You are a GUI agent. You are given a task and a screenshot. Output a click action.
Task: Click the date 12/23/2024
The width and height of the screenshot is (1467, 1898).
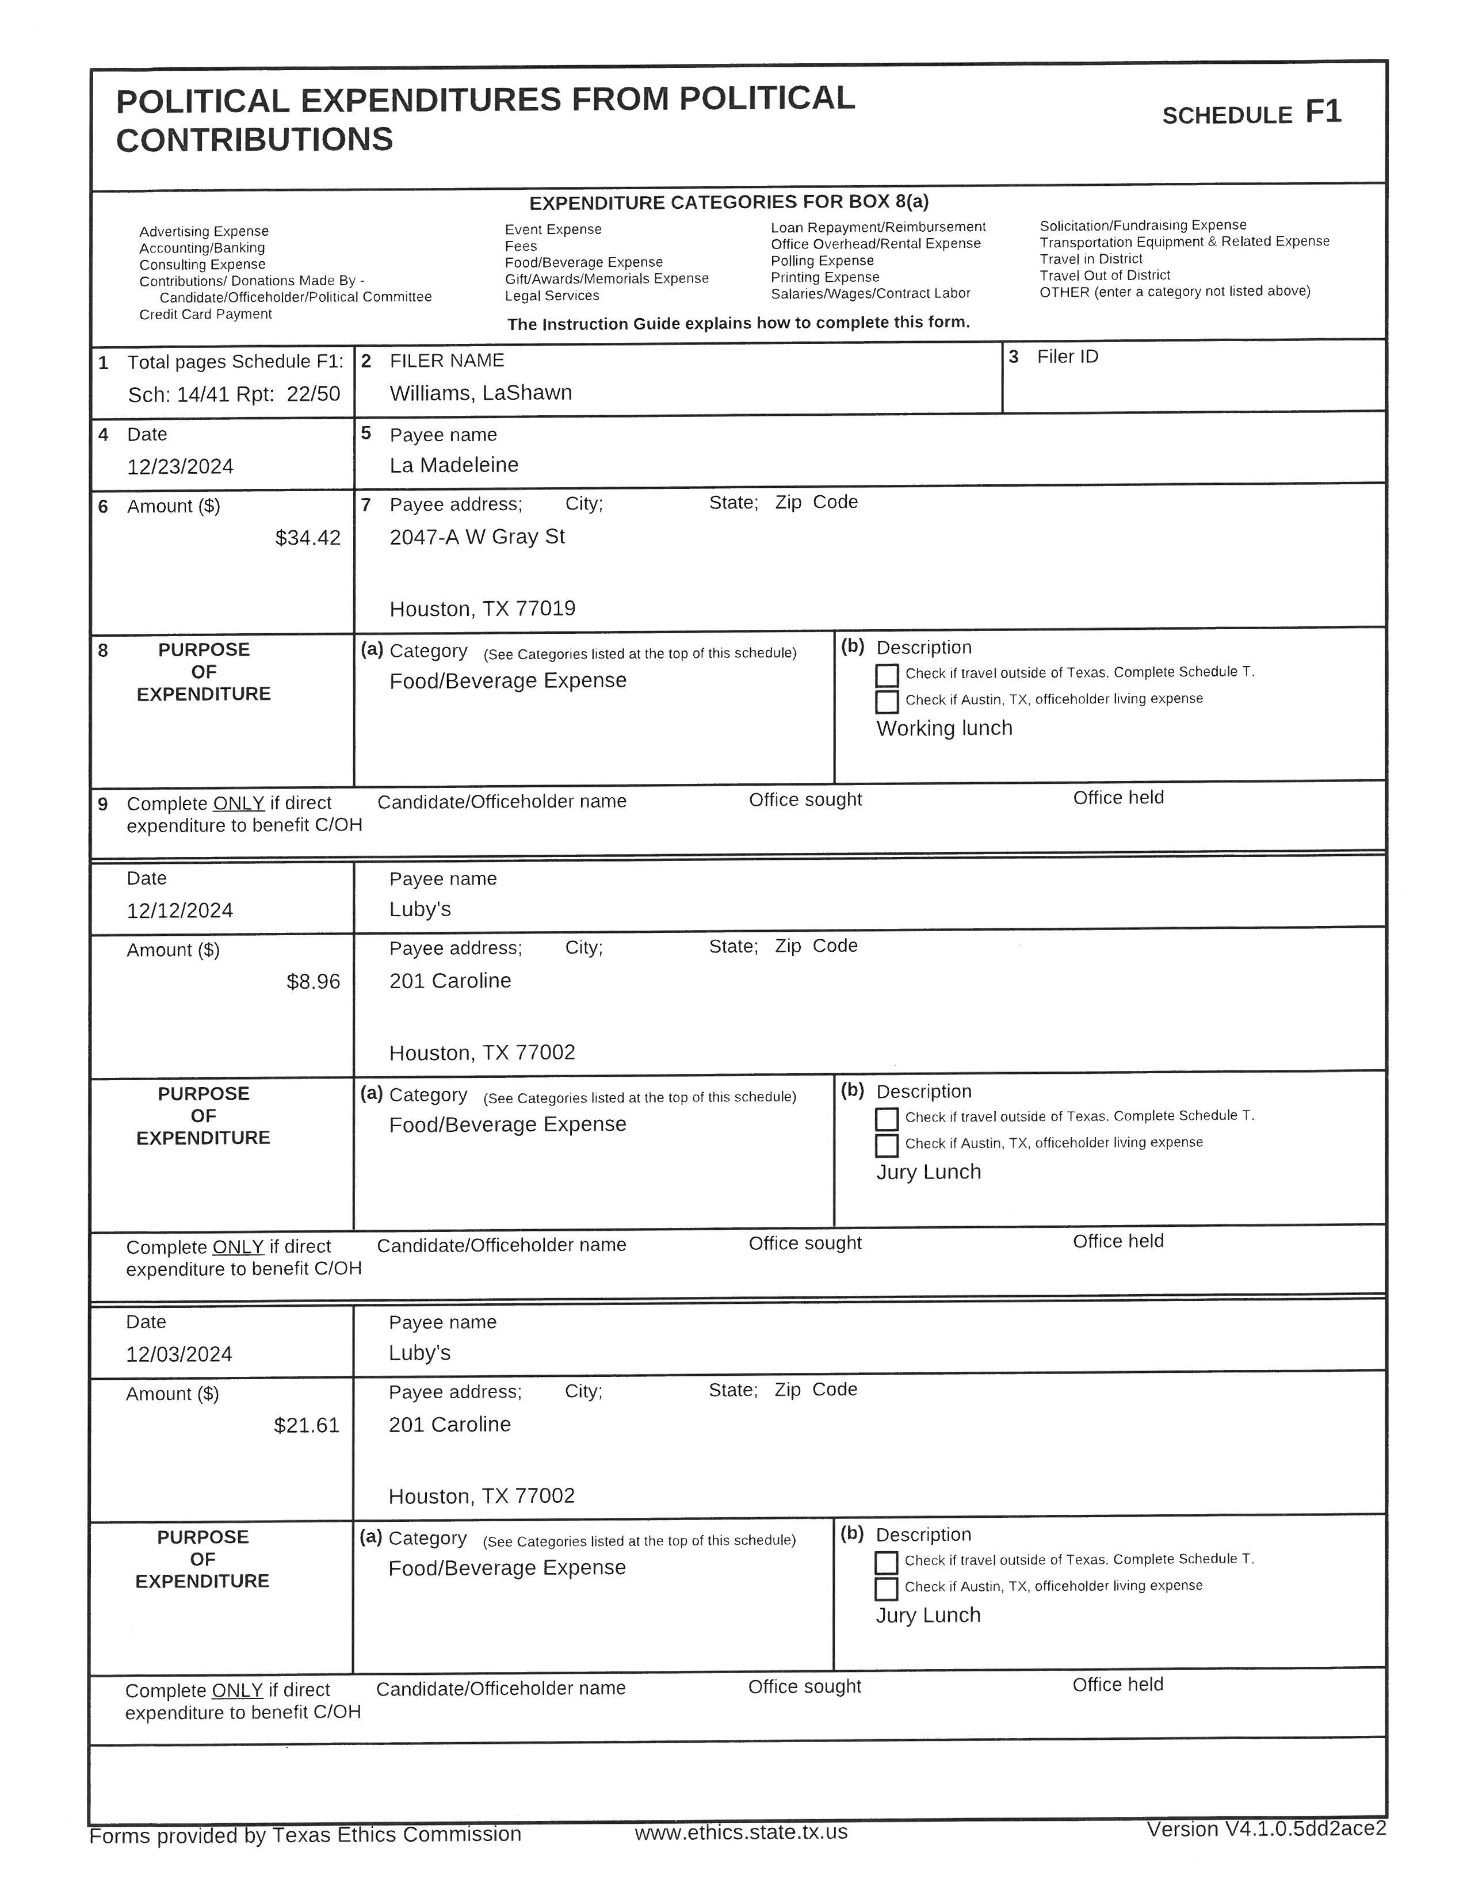point(180,466)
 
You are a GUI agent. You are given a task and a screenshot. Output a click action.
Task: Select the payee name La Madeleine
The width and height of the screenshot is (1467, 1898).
point(454,465)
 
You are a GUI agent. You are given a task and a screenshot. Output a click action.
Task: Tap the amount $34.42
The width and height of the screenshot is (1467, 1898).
point(308,538)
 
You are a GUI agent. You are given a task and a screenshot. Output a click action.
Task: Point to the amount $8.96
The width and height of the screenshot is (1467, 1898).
point(313,982)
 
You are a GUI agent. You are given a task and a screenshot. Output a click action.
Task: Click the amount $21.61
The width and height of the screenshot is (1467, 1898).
point(306,1425)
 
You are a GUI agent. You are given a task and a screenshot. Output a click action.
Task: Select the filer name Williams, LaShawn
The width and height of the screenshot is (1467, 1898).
point(480,393)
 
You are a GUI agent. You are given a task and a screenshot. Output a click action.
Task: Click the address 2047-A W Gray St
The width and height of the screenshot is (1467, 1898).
point(477,537)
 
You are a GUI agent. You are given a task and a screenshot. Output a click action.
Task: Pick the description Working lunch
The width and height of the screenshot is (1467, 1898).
point(944,728)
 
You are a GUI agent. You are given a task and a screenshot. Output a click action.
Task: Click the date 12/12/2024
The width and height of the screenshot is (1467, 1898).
point(180,911)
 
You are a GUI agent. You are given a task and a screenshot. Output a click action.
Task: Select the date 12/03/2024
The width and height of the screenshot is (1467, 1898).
point(179,1354)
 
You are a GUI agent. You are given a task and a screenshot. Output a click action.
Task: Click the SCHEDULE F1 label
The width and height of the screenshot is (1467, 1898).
point(1251,114)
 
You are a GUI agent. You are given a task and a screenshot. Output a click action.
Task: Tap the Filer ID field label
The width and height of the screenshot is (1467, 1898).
point(1067,357)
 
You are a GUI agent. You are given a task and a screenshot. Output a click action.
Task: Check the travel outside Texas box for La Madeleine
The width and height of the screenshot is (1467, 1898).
point(887,675)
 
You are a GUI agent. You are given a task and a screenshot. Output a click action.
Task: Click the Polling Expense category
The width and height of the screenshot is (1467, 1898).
point(822,261)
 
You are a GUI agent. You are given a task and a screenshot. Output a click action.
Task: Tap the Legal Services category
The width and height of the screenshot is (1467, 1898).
point(552,296)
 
